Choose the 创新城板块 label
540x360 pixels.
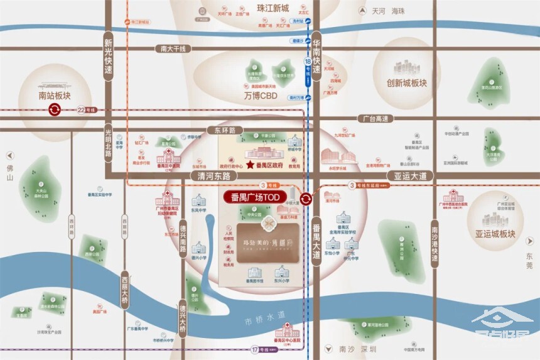(x=406, y=82)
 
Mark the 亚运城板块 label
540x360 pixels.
(x=495, y=234)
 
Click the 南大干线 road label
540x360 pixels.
(x=174, y=48)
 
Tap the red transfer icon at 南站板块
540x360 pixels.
(x=54, y=110)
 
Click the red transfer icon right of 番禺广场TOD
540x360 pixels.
(x=306, y=198)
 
